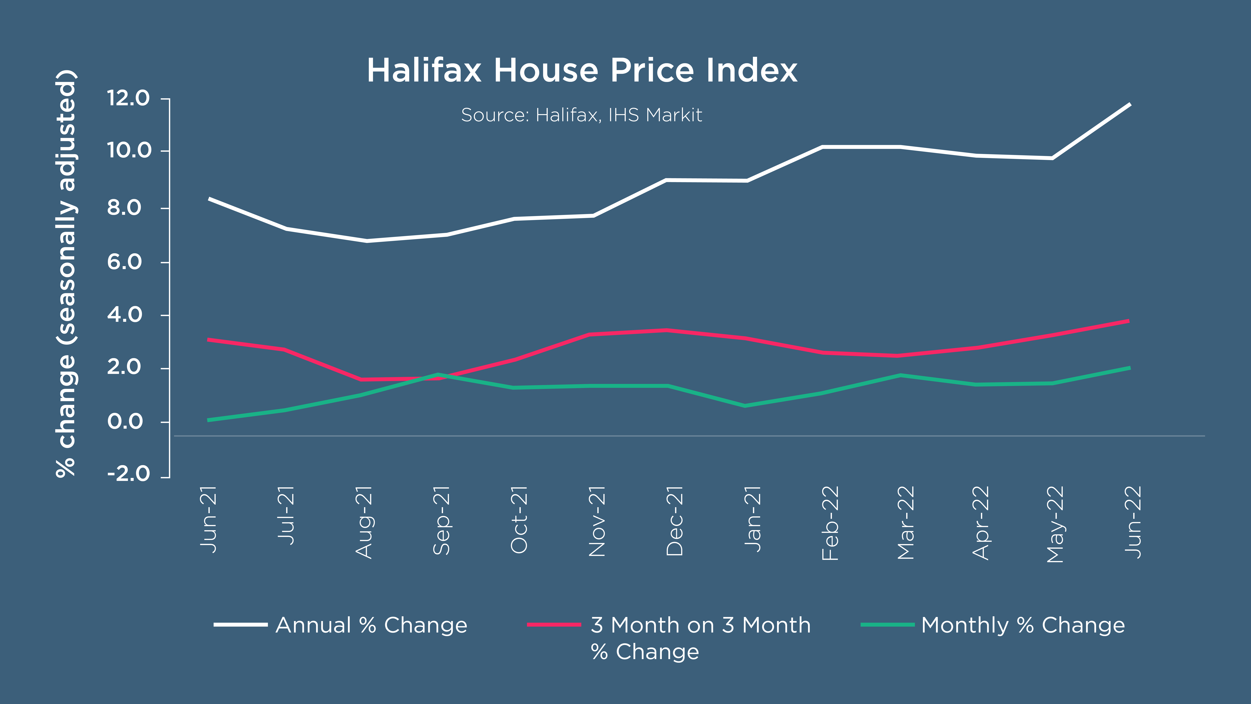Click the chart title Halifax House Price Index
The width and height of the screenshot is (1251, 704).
point(582,70)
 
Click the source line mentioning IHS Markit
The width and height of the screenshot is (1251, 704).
point(581,115)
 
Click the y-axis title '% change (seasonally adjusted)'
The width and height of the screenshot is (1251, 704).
point(66,273)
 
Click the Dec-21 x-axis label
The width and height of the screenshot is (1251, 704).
point(675,521)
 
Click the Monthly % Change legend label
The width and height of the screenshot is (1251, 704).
point(1023,625)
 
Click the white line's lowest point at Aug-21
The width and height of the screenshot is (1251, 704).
point(367,240)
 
